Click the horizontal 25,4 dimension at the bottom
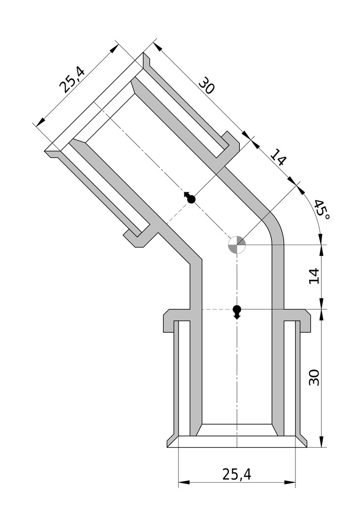point(237,474)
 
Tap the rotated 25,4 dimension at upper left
point(72,80)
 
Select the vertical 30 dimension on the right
point(314,377)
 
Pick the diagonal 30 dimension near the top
point(206,85)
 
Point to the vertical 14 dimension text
point(314,276)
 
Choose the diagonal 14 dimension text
point(278,157)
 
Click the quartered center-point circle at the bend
point(237,245)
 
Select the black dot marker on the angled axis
point(190,197)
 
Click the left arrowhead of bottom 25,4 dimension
point(184,483)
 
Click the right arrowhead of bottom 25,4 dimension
point(290,483)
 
